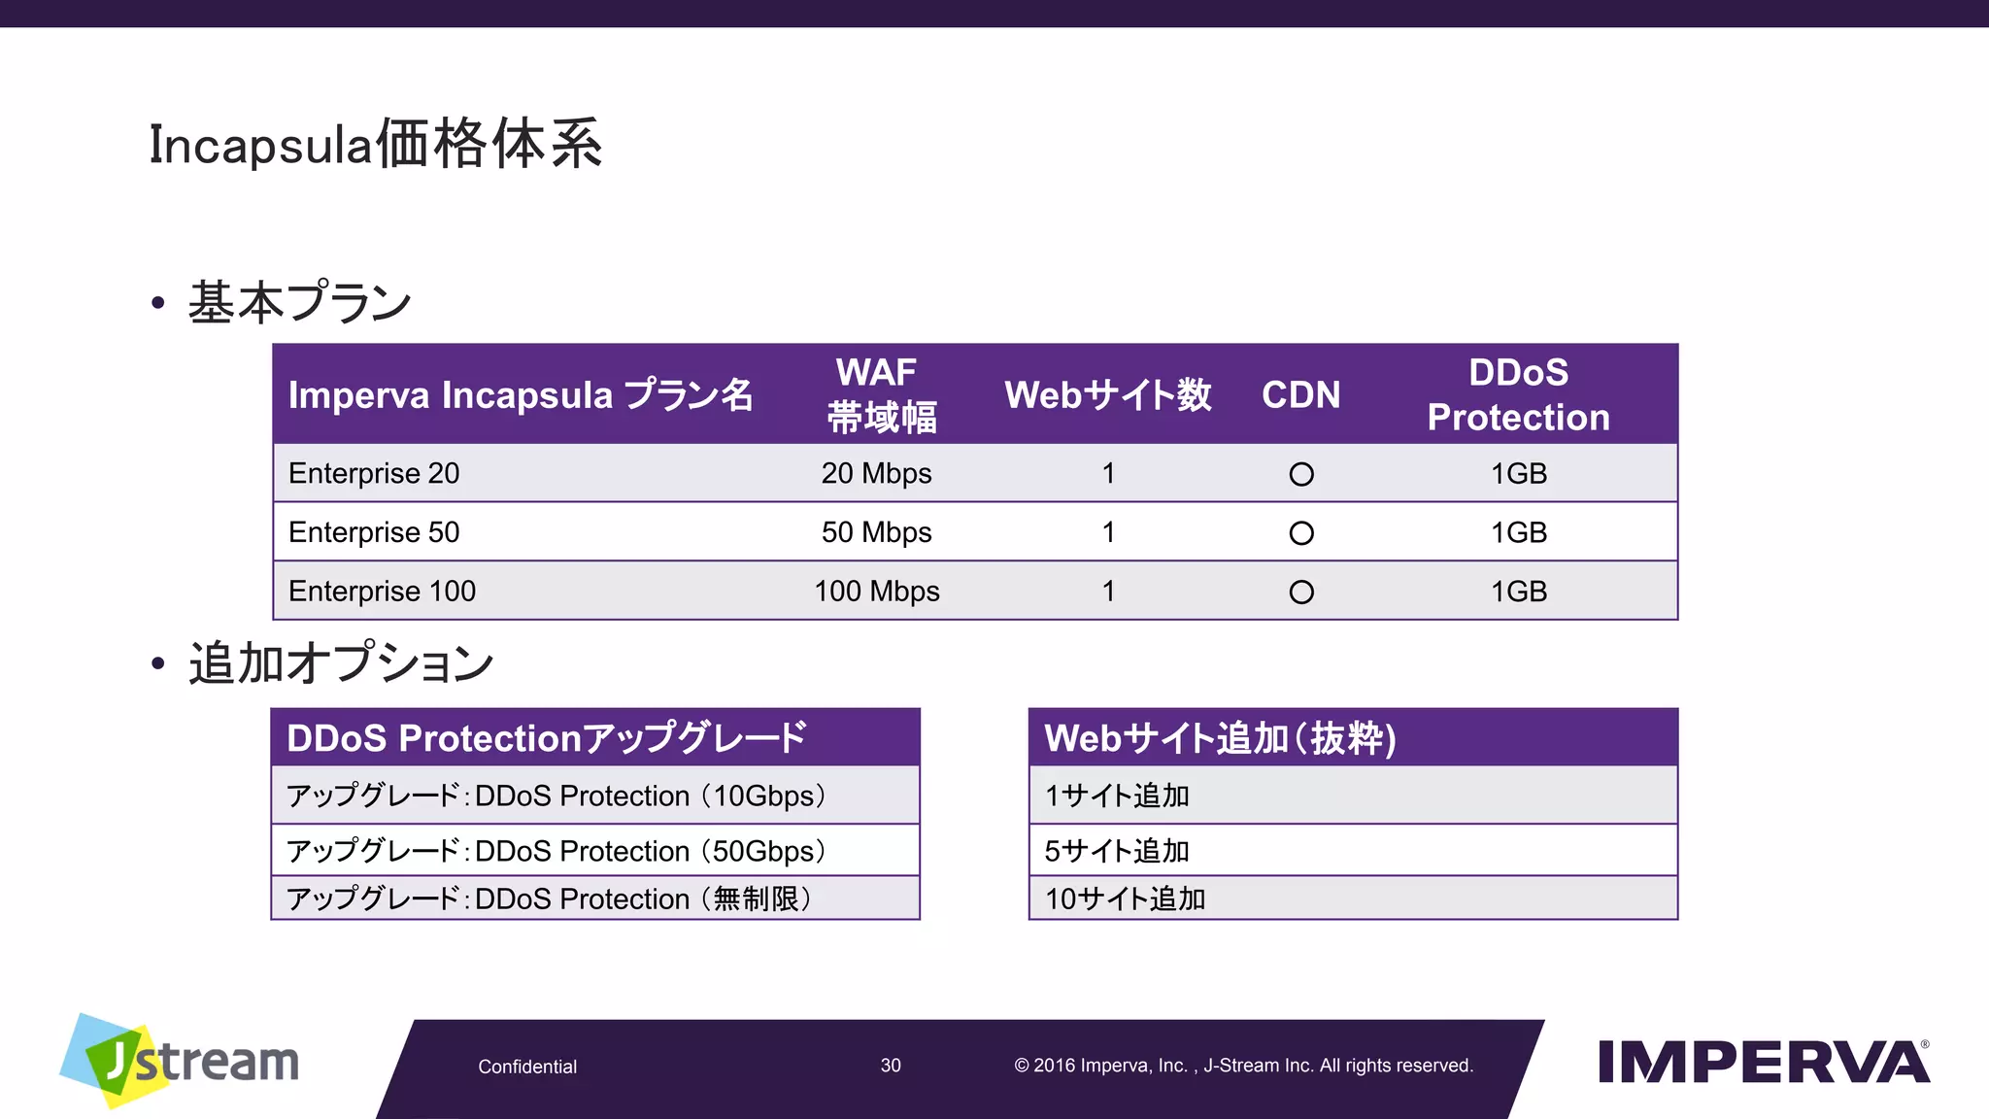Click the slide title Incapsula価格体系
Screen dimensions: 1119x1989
coord(375,145)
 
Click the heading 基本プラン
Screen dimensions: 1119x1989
coord(299,302)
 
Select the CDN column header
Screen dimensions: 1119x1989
coord(1300,394)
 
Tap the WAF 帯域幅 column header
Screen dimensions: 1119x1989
coord(879,394)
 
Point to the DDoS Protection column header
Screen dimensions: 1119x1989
coord(1518,394)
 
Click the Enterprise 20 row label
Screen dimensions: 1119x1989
coord(374,473)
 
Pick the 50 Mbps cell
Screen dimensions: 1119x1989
coord(876,532)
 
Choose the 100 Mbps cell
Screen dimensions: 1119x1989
coord(876,591)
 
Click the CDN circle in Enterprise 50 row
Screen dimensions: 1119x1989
coord(1301,533)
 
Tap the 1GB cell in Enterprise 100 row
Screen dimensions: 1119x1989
coord(1518,591)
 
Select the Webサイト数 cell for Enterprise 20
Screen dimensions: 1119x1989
coord(1108,473)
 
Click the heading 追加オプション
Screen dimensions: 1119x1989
coord(340,663)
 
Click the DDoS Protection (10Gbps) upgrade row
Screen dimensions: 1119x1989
coord(556,796)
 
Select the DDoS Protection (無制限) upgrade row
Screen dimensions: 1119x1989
coord(549,899)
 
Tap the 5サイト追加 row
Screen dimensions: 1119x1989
coord(1117,851)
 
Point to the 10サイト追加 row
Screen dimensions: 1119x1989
coord(1125,899)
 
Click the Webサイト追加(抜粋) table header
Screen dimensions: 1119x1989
coord(1220,738)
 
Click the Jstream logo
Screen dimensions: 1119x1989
coord(181,1061)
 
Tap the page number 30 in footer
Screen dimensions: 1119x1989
coord(891,1066)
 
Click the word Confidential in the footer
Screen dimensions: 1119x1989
coord(527,1067)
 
